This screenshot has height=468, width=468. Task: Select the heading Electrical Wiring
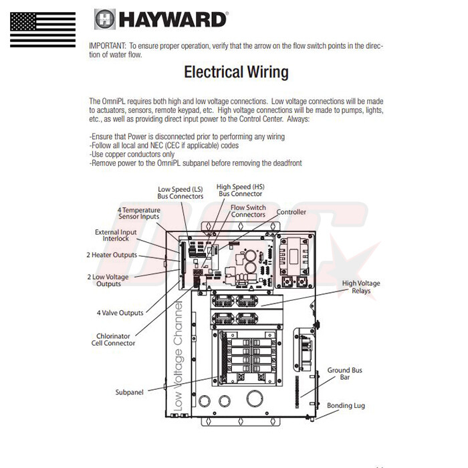[236, 72]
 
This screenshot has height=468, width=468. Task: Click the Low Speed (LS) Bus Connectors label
[181, 193]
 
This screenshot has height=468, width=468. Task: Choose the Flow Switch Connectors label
[248, 211]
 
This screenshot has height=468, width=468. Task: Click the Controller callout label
[291, 212]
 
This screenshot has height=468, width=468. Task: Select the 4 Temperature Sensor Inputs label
[139, 213]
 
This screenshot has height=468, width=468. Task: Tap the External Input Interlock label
[116, 235]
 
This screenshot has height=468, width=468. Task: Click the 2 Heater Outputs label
[112, 255]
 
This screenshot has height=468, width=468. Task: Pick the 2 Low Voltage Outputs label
[108, 280]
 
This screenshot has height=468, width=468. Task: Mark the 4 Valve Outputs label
[120, 312]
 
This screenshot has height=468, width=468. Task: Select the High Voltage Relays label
[361, 287]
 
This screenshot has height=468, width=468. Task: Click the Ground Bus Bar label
[344, 373]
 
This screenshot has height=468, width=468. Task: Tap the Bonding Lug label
[346, 405]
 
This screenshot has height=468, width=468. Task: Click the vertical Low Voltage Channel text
[179, 354]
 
